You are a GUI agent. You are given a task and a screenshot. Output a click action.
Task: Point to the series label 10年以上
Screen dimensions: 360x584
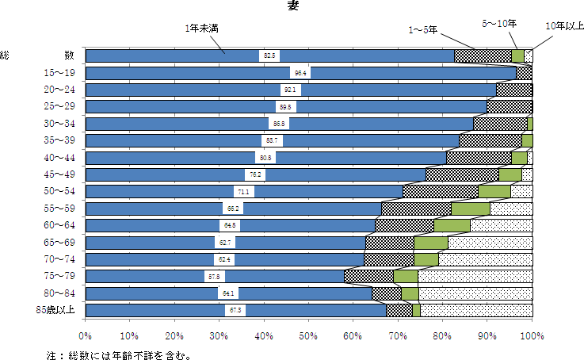565,26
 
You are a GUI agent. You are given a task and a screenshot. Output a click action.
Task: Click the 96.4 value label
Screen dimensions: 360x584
300,73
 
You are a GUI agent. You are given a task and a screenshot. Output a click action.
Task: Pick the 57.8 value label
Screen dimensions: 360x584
213,276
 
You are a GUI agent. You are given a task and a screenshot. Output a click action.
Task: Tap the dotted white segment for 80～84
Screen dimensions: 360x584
475,293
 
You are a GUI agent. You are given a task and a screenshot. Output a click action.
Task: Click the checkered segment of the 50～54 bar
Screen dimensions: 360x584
441,191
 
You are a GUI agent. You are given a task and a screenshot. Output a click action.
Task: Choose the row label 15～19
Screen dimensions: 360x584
59,73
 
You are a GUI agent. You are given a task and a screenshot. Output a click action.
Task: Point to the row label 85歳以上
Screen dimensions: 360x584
55,309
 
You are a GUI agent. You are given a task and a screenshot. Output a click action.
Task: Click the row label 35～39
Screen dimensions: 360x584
59,140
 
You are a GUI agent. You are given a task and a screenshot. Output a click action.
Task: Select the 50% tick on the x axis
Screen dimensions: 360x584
309,336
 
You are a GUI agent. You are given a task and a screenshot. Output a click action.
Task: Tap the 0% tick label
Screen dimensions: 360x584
86,336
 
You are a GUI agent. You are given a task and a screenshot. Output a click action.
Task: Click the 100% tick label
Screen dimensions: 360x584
532,336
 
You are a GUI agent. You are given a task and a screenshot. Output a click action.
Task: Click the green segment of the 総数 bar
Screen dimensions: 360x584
518,56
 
